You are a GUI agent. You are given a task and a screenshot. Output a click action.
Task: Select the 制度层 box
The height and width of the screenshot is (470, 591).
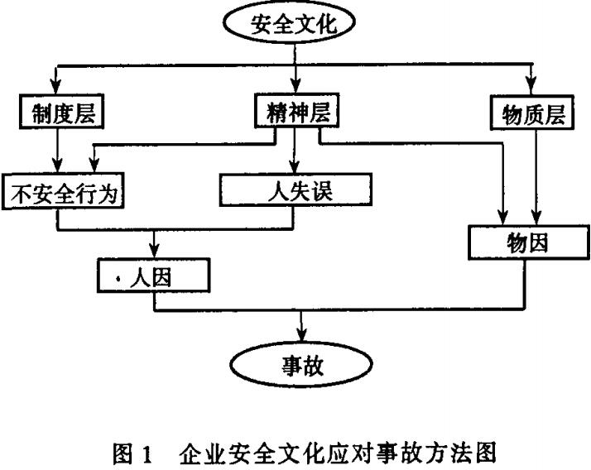(x=57, y=114)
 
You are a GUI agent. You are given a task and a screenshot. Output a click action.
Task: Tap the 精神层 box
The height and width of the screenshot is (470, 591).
(x=295, y=113)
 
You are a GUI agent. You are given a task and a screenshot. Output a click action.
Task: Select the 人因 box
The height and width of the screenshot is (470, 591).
(x=154, y=275)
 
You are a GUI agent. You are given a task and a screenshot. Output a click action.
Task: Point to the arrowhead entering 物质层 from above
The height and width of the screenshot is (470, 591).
(x=530, y=88)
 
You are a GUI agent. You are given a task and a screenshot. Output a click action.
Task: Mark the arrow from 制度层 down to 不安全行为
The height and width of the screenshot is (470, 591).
(x=57, y=151)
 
